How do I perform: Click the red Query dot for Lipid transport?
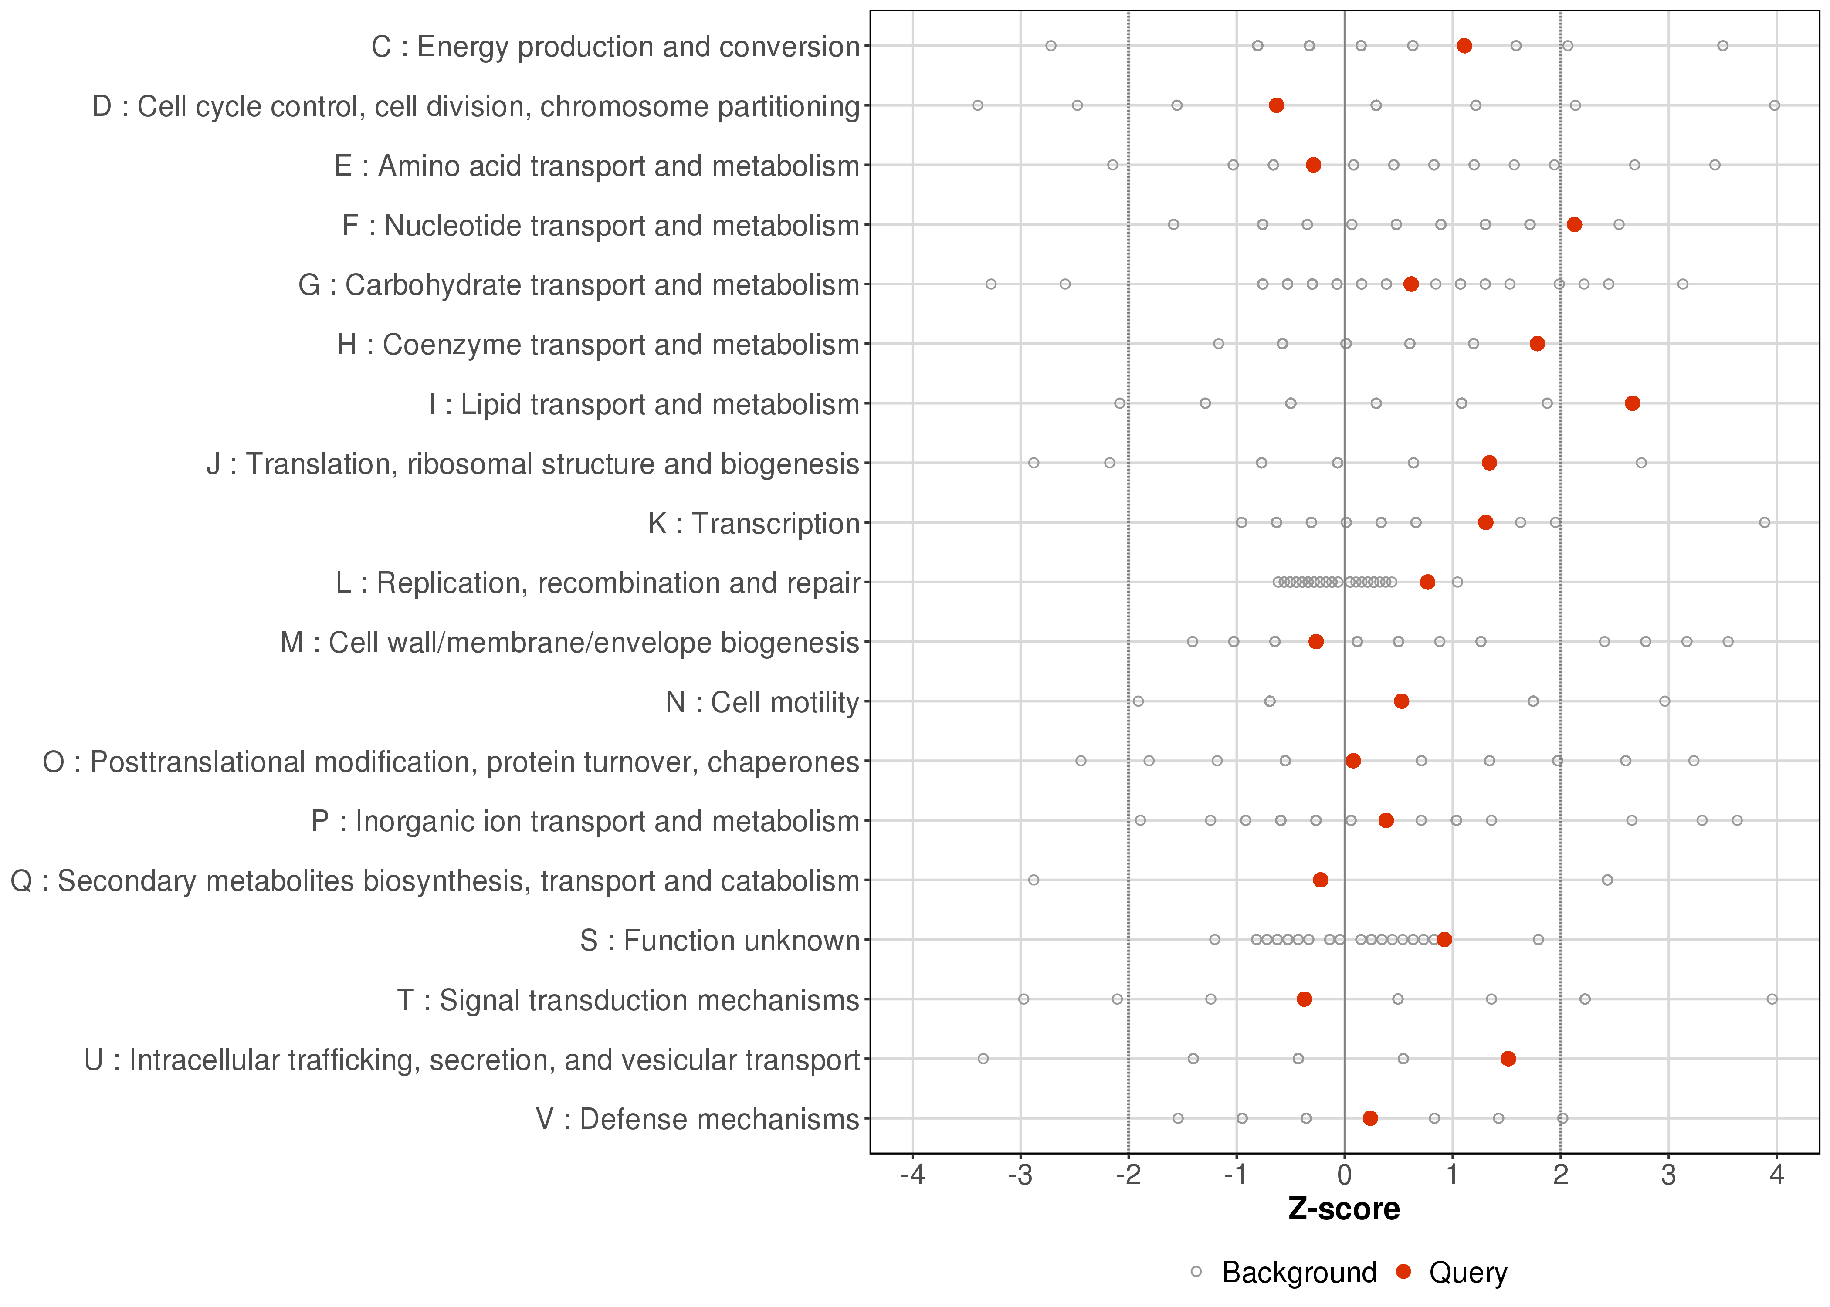tap(1632, 403)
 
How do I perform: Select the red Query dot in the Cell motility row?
tap(1401, 701)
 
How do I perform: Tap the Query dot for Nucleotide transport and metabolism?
tap(1574, 224)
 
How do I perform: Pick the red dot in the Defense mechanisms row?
tap(1370, 1118)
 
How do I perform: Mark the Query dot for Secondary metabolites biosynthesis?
tap(1321, 880)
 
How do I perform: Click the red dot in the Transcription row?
tap(1485, 522)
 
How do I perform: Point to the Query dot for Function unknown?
tap(1444, 939)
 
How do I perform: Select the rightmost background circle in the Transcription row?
tap(1765, 522)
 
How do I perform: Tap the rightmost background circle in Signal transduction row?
tap(1772, 999)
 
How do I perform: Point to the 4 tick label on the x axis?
tap(1777, 1176)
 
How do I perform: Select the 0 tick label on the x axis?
tap(1345, 1176)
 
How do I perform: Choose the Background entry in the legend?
tap(1299, 1273)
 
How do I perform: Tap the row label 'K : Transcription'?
tap(754, 523)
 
